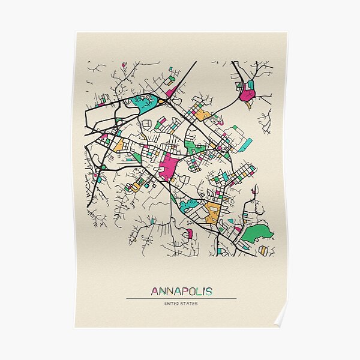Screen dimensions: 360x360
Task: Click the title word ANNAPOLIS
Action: point(181,292)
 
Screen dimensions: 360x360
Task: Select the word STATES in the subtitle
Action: point(189,304)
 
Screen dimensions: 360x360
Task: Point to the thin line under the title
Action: point(181,298)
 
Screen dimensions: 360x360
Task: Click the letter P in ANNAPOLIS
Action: point(181,292)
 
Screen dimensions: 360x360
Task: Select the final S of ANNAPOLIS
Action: point(208,292)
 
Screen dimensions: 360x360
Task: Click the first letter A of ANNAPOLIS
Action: point(155,292)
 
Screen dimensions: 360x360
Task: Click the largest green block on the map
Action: point(258,233)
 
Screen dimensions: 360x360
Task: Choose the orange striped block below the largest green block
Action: point(263,250)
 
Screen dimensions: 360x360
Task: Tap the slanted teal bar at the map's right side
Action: point(246,145)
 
